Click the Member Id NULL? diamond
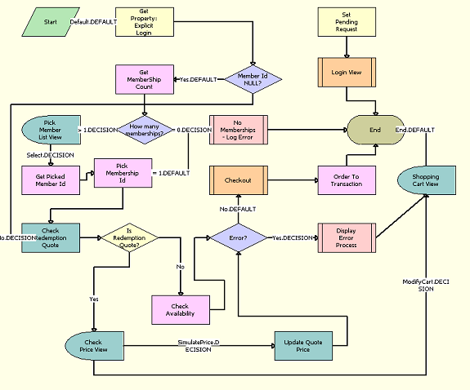[x=253, y=80]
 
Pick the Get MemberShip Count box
[x=144, y=80]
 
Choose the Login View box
[x=347, y=73]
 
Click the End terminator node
[x=375, y=129]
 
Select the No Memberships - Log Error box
[x=239, y=129]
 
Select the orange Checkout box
[x=239, y=179]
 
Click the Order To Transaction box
[x=347, y=179]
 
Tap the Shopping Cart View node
[x=425, y=179]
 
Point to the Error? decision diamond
[x=239, y=238]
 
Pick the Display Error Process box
[x=347, y=238]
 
